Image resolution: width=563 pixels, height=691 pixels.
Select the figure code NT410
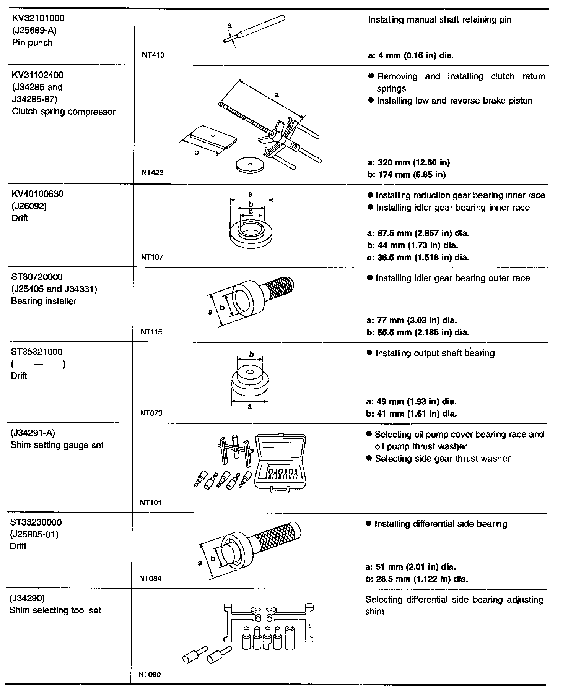tap(153, 55)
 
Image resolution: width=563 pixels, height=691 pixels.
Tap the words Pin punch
tap(32, 42)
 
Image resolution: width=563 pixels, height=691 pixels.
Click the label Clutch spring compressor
tap(63, 112)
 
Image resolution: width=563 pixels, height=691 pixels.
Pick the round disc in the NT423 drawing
tap(250, 165)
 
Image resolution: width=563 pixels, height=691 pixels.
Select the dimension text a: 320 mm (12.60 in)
tap(408, 162)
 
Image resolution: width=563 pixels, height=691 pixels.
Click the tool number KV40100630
tap(37, 194)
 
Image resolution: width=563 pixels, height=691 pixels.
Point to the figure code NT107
tap(152, 257)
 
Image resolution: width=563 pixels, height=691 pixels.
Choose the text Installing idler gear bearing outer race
tap(452, 278)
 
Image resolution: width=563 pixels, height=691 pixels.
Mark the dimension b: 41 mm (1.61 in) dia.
tap(412, 414)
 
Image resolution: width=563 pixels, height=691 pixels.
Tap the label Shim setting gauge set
tap(57, 445)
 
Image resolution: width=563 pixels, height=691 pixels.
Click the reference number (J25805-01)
tap(34, 534)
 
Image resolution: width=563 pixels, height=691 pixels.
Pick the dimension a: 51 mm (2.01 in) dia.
tap(411, 567)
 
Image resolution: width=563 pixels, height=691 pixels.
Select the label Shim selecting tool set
tap(55, 610)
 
